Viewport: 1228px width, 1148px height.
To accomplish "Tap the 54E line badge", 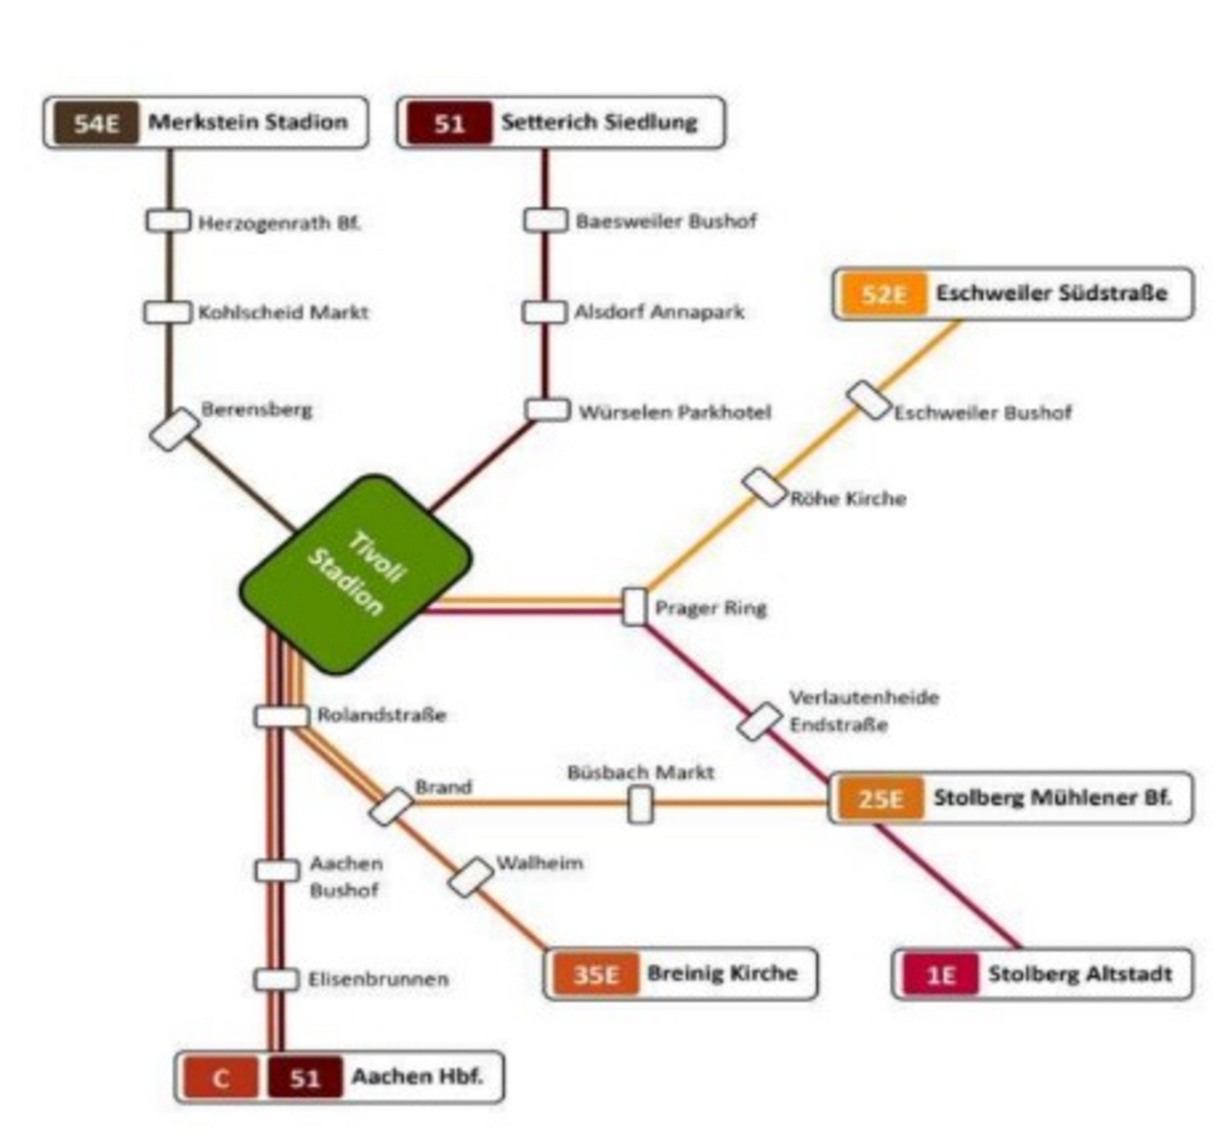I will [96, 123].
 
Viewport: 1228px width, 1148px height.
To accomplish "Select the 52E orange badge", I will [884, 294].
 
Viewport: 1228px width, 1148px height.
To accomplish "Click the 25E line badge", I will [880, 798].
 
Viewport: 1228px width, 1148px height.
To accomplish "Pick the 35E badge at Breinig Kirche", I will [595, 974].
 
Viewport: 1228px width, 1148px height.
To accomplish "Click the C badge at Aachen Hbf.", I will [221, 1077].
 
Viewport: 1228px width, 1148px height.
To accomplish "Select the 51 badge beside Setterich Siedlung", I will [449, 124].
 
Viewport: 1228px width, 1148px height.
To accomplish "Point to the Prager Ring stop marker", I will [635, 606].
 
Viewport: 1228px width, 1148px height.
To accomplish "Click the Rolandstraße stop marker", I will [281, 716].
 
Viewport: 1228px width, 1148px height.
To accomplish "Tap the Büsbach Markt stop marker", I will [641, 804].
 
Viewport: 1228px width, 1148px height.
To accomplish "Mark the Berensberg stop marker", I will [175, 429].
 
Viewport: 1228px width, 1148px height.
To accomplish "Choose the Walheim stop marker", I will [471, 877].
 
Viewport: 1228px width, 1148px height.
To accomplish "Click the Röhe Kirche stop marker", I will [764, 488].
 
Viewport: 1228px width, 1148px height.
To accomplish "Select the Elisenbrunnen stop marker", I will [276, 979].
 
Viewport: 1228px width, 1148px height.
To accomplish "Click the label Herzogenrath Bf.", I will [279, 223].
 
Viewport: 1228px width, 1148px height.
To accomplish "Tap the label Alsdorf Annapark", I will [659, 312].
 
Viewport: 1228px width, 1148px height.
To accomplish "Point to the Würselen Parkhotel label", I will [675, 412].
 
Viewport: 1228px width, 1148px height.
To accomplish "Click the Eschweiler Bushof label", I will [983, 413].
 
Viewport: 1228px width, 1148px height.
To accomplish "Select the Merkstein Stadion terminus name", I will [248, 122].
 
